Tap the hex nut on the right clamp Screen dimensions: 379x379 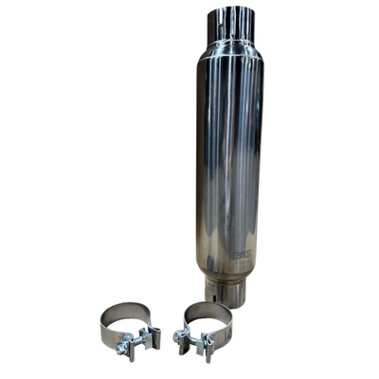[x=178, y=335]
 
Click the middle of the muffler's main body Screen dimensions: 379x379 [x=230, y=161]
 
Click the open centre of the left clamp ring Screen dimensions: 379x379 [x=125, y=325]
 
